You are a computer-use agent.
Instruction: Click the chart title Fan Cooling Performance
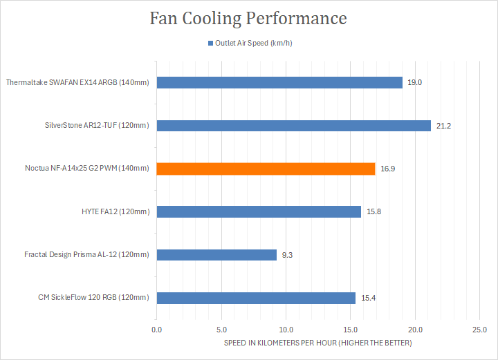[249, 19]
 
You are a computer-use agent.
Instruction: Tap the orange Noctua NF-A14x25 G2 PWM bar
[266, 169]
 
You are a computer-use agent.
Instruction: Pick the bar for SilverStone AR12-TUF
[293, 125]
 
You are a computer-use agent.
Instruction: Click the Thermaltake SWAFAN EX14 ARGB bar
[279, 82]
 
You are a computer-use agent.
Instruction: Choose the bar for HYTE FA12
[259, 211]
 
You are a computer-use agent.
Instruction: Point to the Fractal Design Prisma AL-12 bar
[216, 254]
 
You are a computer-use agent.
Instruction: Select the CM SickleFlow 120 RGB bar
[256, 298]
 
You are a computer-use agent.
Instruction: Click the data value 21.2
[443, 126]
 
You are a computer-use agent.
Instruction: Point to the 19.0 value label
[415, 83]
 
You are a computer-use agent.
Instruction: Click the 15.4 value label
[368, 298]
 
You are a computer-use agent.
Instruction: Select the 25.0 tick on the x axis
[479, 330]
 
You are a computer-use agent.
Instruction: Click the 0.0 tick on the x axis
[157, 330]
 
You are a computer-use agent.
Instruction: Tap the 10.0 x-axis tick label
[286, 330]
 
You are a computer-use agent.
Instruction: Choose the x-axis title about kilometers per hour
[317, 343]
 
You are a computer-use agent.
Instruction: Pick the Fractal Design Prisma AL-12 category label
[86, 255]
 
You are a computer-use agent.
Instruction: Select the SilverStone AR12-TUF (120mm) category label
[96, 126]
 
